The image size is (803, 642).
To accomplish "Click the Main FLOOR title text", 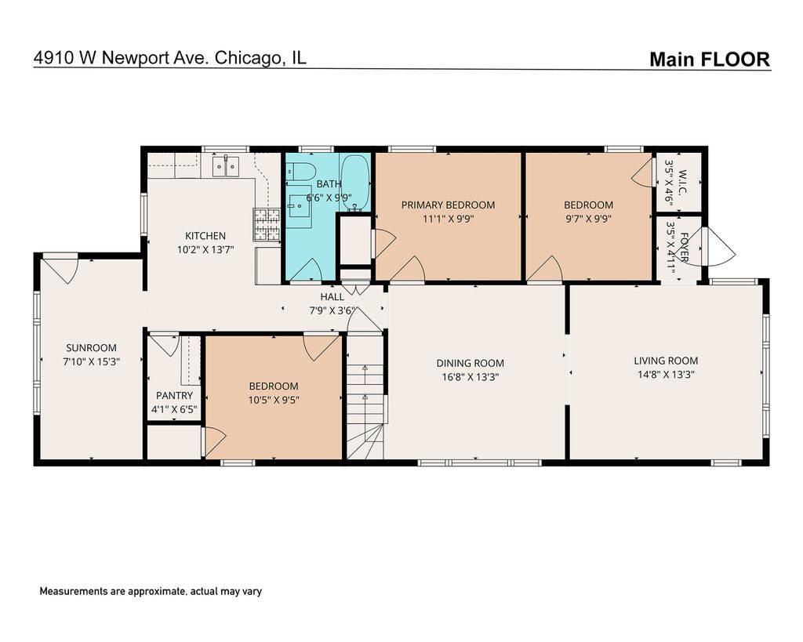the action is tap(709, 60).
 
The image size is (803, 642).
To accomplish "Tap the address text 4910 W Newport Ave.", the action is tap(121, 56).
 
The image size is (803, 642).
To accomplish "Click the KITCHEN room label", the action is tap(205, 236).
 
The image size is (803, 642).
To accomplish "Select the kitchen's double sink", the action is tap(226, 166).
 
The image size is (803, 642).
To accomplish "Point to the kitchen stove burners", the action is tap(267, 225).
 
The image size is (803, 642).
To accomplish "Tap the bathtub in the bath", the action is tap(355, 183).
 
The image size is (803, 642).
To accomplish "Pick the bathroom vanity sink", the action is tap(299, 206).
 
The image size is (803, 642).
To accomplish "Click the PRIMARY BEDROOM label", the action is tap(448, 205).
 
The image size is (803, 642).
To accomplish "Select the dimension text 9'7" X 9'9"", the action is tap(588, 219).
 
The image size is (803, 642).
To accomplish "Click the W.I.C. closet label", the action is tap(683, 181).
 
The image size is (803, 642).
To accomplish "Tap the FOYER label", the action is tap(684, 247).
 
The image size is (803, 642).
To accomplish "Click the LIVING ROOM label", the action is tap(666, 361).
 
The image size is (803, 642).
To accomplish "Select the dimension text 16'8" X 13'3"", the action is tap(471, 377).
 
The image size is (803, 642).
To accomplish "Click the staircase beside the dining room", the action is tap(365, 397).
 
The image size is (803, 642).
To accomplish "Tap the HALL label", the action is tap(332, 296).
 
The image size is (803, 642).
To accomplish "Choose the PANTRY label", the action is tap(175, 396).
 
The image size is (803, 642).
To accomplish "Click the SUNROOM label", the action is tap(91, 347).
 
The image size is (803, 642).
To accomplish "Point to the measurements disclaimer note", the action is tap(151, 591).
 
